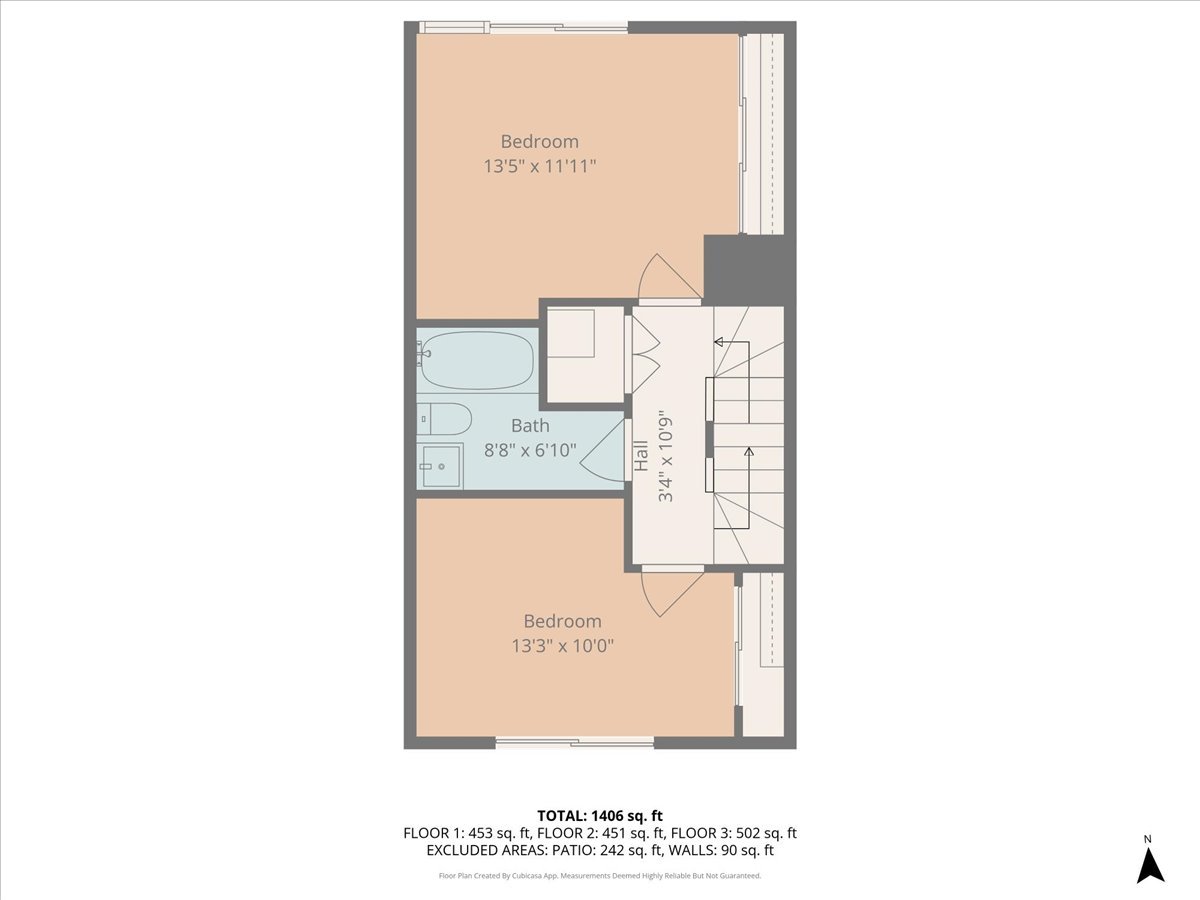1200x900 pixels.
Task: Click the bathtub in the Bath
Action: click(476, 361)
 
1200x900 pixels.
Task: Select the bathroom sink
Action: click(440, 465)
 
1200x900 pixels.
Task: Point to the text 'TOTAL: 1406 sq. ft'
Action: click(600, 815)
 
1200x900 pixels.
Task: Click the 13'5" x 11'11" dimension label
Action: click(540, 166)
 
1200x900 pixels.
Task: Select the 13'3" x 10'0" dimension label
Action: click(562, 646)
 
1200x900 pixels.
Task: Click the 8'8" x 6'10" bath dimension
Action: click(530, 450)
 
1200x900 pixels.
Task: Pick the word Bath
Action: click(530, 426)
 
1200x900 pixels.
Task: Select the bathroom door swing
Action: click(605, 455)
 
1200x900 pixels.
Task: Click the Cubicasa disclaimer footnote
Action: click(600, 876)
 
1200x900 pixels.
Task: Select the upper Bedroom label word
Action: click(540, 142)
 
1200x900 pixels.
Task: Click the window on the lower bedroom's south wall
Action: click(575, 742)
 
